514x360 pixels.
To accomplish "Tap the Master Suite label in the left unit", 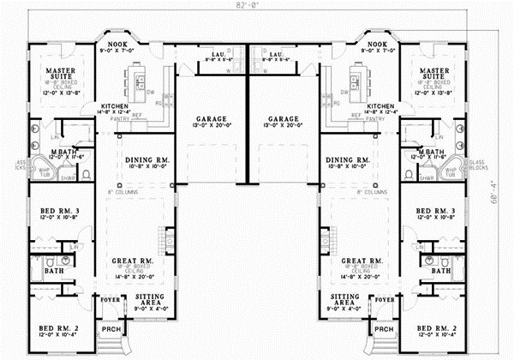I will (x=43, y=75).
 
